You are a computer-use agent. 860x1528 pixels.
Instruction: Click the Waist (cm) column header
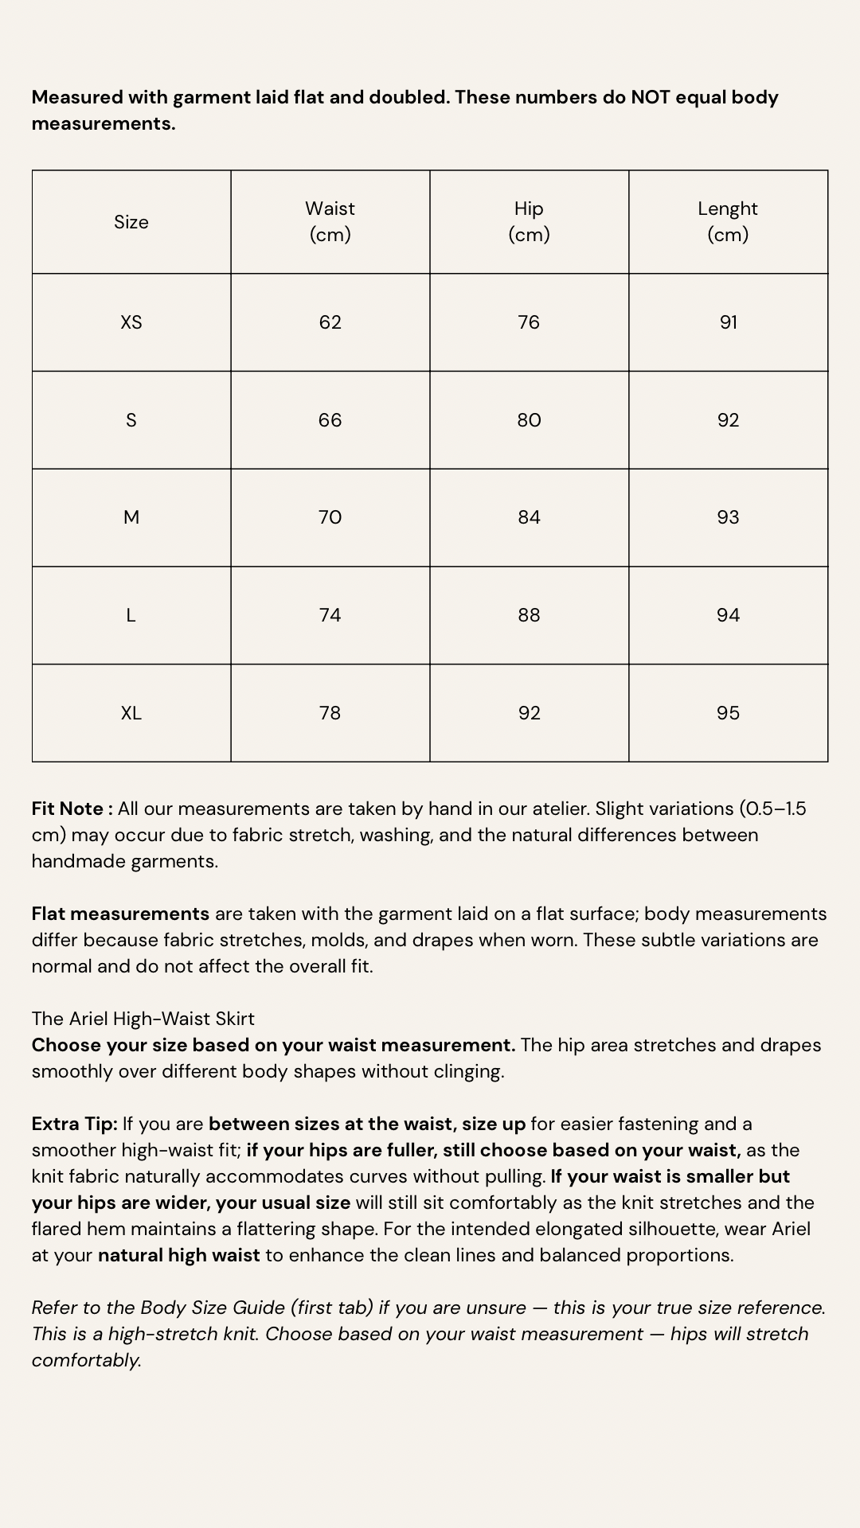point(330,221)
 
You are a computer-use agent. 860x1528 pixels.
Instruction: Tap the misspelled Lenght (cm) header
point(728,221)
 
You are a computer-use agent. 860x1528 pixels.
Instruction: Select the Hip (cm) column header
point(529,221)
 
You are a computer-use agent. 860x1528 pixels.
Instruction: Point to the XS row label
point(131,322)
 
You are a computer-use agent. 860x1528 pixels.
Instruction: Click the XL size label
point(131,713)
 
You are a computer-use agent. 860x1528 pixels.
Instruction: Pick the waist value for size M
point(330,517)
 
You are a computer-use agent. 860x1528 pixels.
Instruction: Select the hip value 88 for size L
point(529,615)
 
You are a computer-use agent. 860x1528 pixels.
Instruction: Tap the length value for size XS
point(728,322)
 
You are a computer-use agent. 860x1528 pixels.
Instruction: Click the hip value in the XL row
point(529,713)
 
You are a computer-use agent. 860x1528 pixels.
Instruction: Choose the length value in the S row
point(728,420)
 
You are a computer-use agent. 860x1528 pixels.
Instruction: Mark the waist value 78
point(330,713)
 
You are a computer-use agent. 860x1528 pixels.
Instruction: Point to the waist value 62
point(330,322)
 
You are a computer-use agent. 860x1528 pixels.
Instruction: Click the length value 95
point(728,713)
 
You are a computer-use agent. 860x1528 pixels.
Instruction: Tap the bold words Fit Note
point(68,809)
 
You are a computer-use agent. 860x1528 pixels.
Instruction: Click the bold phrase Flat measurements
point(120,914)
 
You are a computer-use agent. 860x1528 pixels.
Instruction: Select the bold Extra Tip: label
point(74,1124)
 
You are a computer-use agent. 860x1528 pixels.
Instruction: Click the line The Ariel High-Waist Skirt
point(143,1019)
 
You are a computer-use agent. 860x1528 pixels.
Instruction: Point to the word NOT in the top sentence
point(651,97)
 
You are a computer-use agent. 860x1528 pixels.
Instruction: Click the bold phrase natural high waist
point(178,1255)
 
